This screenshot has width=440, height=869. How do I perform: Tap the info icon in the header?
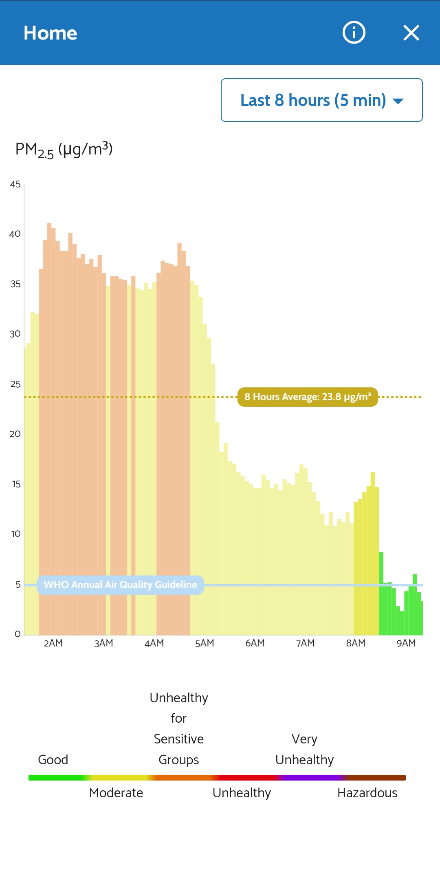(354, 33)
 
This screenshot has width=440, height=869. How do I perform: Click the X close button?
(411, 33)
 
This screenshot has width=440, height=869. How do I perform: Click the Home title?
(50, 33)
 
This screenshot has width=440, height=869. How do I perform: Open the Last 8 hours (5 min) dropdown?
(321, 100)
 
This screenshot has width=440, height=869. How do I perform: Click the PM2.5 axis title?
(64, 150)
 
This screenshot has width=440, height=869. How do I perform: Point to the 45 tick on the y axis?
(15, 185)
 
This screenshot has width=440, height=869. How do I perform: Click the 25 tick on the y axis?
(15, 384)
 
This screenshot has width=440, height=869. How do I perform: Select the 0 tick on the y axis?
(17, 634)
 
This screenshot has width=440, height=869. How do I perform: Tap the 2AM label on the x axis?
(53, 643)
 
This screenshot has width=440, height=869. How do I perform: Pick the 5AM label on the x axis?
(205, 643)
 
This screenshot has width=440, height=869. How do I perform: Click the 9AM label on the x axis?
(406, 643)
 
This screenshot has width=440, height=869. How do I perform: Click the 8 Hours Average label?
(308, 397)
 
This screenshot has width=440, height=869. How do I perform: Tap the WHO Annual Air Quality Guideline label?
(120, 585)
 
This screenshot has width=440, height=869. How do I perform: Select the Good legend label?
(53, 760)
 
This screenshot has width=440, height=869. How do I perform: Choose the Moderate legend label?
(116, 793)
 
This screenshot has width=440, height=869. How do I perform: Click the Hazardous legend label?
(367, 793)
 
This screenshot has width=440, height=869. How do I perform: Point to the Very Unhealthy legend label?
(304, 750)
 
